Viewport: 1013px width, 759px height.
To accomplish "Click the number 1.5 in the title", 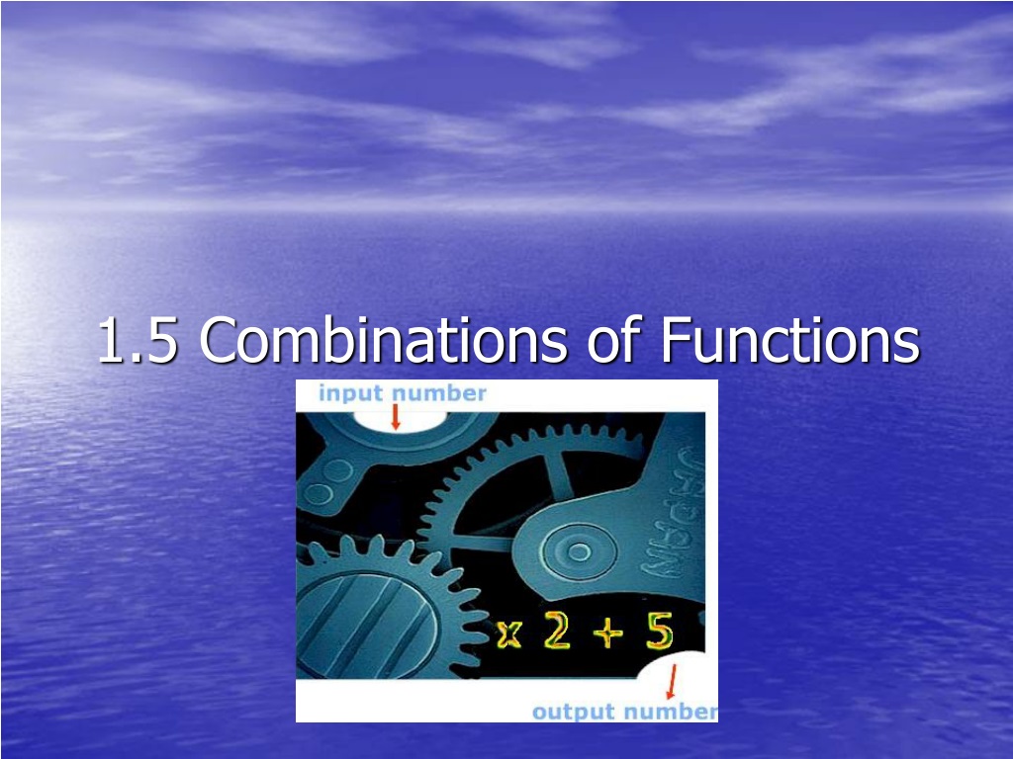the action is click(x=138, y=340).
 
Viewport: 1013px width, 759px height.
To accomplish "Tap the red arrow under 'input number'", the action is click(x=396, y=418).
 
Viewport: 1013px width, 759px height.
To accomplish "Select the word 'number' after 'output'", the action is click(x=672, y=712).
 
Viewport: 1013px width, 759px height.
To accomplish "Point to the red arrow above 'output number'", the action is click(x=672, y=682).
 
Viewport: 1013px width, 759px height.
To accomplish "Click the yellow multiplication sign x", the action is click(x=509, y=634).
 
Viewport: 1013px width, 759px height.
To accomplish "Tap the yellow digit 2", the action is click(x=557, y=630).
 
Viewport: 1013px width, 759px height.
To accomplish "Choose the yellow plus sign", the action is click(x=608, y=632).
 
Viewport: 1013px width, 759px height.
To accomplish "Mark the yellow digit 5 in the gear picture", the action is click(x=659, y=631).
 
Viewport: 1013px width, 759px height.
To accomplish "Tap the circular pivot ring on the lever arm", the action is click(x=578, y=552).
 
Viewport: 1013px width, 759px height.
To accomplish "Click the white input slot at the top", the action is click(x=398, y=422).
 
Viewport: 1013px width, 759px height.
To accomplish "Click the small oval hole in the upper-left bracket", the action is click(x=319, y=495).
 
